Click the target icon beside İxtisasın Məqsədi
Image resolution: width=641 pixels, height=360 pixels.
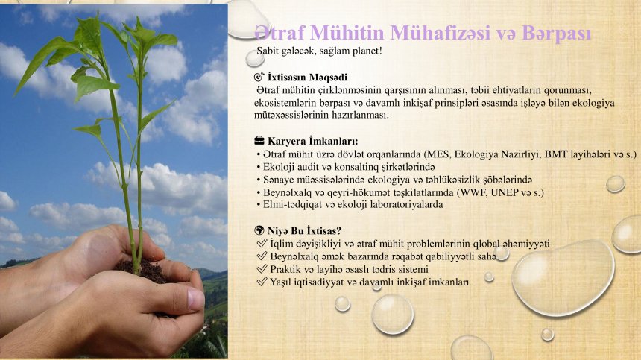(259, 77)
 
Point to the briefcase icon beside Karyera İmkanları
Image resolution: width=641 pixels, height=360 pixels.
(259, 141)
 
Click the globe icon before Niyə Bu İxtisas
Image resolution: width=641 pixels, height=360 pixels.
(259, 230)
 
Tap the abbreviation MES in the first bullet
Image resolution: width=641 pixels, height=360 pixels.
(438, 154)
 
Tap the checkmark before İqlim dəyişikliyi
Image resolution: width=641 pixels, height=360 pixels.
(262, 243)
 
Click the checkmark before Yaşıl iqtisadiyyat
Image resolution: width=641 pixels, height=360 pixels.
(262, 282)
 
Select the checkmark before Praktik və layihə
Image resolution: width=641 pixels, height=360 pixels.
(262, 269)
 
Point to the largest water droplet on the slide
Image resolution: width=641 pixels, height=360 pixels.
(563, 278)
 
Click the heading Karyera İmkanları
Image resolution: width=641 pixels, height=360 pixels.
(313, 142)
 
